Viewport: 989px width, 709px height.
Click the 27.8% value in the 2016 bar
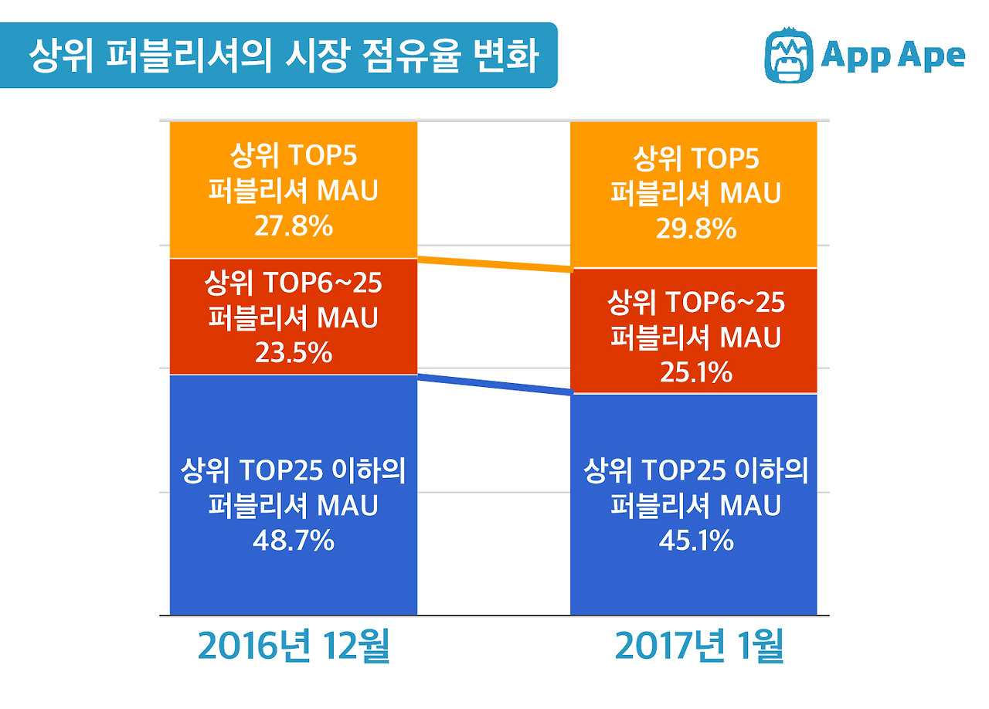coord(293,227)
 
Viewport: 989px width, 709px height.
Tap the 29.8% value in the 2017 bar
coord(695,229)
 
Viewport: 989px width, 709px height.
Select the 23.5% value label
coord(293,353)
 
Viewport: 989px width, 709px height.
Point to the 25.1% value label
coord(695,373)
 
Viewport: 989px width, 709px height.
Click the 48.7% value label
coord(293,541)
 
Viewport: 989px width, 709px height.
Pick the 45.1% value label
coord(695,541)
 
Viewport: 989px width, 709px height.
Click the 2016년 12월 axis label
coord(294,647)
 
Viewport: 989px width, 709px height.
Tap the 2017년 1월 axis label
coord(699,647)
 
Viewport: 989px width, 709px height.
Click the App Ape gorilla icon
coord(789,56)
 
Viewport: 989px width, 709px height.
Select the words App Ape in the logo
coord(893,56)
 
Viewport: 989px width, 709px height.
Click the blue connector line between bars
coord(494,385)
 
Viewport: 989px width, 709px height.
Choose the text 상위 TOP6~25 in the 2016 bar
coord(293,283)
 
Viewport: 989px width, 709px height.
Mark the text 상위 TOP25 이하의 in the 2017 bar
coord(695,470)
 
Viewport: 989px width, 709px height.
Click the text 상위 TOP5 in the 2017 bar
coord(695,160)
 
